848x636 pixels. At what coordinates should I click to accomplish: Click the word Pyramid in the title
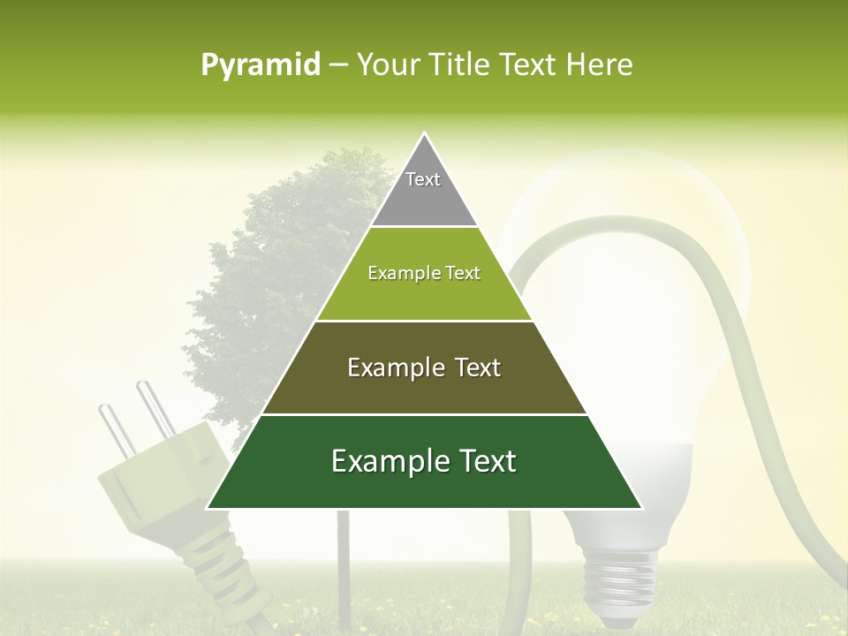(260, 65)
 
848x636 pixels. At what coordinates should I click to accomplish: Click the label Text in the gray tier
(423, 179)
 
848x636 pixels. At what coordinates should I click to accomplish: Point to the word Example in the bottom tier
(385, 461)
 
